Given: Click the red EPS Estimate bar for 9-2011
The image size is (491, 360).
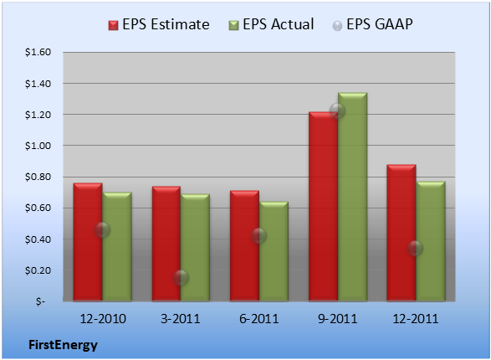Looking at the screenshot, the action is pyautogui.click(x=323, y=207).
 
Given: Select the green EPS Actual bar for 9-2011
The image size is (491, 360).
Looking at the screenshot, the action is pyautogui.click(x=353, y=197).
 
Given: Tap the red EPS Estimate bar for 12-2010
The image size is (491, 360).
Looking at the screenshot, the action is pyautogui.click(x=88, y=242).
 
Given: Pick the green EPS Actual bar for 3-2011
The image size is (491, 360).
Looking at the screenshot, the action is pyautogui.click(x=195, y=248).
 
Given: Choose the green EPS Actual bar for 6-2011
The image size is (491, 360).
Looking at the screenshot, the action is pyautogui.click(x=274, y=252).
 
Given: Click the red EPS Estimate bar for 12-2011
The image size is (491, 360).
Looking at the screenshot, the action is pyautogui.click(x=401, y=233).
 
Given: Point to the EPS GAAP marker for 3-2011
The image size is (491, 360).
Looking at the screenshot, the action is pyautogui.click(x=181, y=278).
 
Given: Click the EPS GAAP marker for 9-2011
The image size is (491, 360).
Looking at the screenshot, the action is pyautogui.click(x=338, y=111).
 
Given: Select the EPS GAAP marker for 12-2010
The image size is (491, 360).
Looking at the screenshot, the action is pyautogui.click(x=102, y=230).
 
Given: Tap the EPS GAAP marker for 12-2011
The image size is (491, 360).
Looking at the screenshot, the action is pyautogui.click(x=415, y=249).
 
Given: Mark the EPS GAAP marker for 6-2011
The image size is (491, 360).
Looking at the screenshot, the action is pyautogui.click(x=259, y=236).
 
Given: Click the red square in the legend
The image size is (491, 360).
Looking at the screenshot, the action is pyautogui.click(x=114, y=25).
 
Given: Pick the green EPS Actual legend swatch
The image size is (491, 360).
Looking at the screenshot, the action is pyautogui.click(x=233, y=25).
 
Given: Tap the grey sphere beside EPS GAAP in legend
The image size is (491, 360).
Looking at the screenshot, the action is pyautogui.click(x=338, y=26).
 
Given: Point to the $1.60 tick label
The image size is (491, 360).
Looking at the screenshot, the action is pyautogui.click(x=38, y=52).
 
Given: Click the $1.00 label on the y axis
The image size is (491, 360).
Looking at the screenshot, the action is pyautogui.click(x=38, y=146).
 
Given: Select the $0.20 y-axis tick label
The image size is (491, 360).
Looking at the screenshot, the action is pyautogui.click(x=38, y=270).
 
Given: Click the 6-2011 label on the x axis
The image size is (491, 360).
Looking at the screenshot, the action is pyautogui.click(x=259, y=319).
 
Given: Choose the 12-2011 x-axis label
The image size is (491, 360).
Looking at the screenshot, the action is pyautogui.click(x=416, y=319).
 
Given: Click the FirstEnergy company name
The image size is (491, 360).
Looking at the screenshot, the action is pyautogui.click(x=63, y=345).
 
